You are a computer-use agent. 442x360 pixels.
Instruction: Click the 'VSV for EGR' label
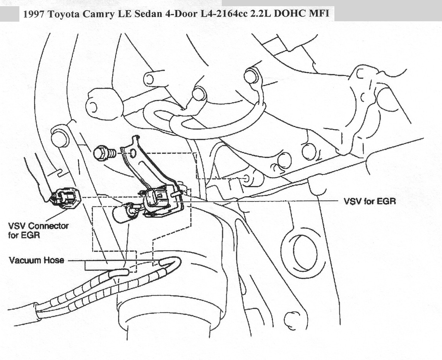coord(370,201)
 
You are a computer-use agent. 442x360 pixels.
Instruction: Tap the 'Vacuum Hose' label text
coord(36,260)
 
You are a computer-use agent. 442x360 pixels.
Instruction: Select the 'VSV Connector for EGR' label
coord(38,230)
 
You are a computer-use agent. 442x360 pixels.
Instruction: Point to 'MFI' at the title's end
coord(321,14)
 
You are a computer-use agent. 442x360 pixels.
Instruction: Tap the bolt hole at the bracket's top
coord(133,154)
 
